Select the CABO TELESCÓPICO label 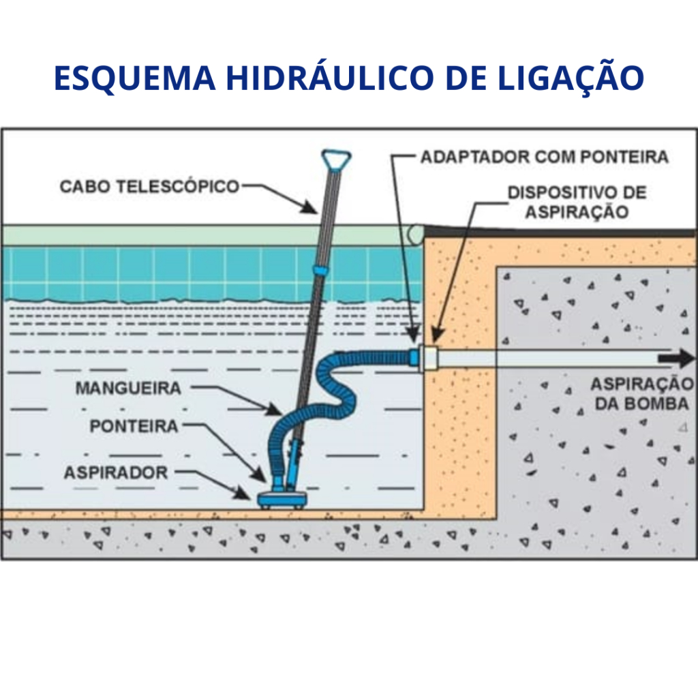click(x=149, y=185)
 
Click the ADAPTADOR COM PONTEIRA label click(x=544, y=157)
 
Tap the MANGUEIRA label click(x=128, y=389)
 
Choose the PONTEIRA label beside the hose click(x=134, y=427)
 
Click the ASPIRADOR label click(x=115, y=472)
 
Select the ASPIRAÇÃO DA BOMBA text click(x=641, y=393)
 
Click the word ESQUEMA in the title click(x=134, y=78)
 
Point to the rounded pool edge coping click(x=414, y=234)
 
